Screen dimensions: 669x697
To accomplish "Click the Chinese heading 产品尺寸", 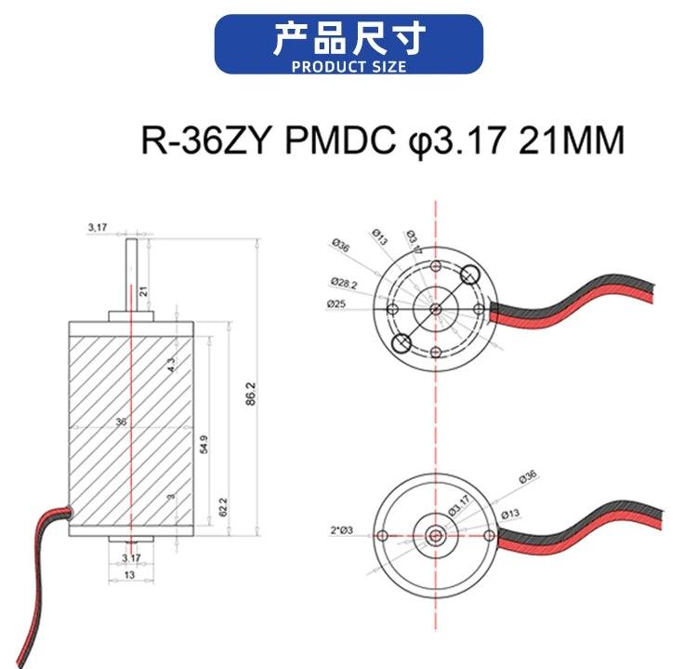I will [348, 39].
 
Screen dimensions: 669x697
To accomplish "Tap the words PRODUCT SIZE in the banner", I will [348, 67].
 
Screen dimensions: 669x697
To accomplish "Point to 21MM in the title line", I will [571, 141].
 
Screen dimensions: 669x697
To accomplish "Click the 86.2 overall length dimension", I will [250, 395].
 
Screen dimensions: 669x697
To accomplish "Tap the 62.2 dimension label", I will [223, 507].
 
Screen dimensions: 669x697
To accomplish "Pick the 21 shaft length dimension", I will [143, 290].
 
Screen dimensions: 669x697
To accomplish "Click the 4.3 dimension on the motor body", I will [171, 365].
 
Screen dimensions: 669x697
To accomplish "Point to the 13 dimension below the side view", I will [130, 575].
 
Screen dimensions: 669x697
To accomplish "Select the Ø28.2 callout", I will [342, 283].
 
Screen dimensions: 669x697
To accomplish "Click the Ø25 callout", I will [336, 303].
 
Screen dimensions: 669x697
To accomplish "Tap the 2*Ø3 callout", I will [341, 530].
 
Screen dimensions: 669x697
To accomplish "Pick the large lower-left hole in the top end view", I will [401, 343].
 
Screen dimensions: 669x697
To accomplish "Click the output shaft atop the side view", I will [132, 274].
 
